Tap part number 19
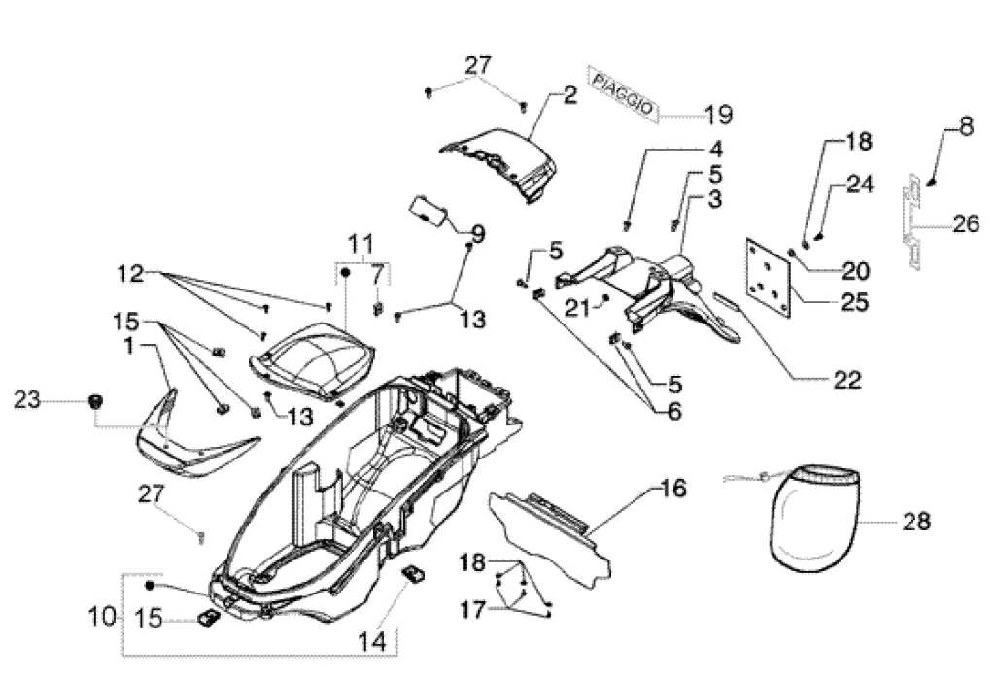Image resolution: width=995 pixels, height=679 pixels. click(718, 115)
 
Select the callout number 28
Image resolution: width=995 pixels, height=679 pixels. click(916, 522)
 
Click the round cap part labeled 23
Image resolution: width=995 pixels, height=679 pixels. click(97, 401)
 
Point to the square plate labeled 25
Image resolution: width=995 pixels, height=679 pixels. click(769, 277)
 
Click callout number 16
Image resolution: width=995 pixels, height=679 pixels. click(673, 488)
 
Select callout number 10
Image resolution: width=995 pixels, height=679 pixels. click(102, 616)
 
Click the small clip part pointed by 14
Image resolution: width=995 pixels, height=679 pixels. click(413, 574)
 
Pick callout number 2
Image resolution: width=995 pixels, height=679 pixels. click(569, 95)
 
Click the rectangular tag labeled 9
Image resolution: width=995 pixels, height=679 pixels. click(428, 210)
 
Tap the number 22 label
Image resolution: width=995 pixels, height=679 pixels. click(847, 380)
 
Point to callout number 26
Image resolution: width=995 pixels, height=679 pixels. click(966, 223)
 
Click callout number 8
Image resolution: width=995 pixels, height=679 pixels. click(966, 125)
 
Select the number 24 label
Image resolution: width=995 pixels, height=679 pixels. click(860, 184)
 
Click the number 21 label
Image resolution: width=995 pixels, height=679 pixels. click(578, 308)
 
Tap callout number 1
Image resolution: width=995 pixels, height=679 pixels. click(129, 346)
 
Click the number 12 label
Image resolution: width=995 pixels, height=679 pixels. click(130, 274)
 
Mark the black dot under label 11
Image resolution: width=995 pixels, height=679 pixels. click(346, 272)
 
